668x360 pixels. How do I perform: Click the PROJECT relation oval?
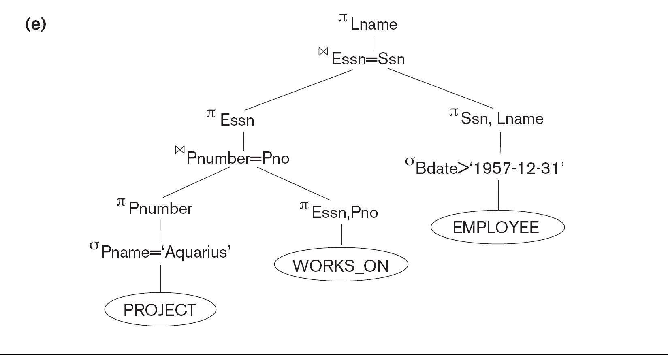click(x=160, y=310)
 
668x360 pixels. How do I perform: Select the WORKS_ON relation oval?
click(x=341, y=265)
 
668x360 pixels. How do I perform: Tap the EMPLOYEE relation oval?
click(x=497, y=227)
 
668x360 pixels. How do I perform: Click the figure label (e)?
click(x=36, y=25)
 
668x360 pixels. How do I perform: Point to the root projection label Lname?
click(x=373, y=24)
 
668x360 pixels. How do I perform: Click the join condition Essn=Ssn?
click(x=368, y=59)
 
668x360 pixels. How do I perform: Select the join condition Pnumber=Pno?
click(x=238, y=158)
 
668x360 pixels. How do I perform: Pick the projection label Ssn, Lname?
click(x=502, y=119)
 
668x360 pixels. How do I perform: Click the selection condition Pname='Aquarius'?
click(x=166, y=252)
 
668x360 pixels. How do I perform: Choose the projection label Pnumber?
click(x=160, y=209)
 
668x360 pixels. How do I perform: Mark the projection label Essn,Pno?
click(x=345, y=213)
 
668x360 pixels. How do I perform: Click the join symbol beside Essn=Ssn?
click(x=323, y=52)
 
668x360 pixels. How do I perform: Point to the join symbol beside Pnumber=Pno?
click(x=179, y=150)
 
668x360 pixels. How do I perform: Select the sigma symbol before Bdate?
click(x=410, y=161)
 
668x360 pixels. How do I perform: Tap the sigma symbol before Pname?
click(x=94, y=245)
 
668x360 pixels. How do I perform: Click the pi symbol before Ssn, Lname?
click(x=454, y=112)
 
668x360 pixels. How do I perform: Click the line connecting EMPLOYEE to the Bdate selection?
click(x=498, y=195)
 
